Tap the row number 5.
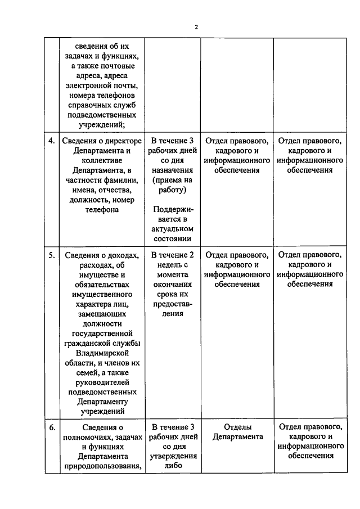click(x=51, y=254)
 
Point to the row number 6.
click(x=51, y=427)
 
